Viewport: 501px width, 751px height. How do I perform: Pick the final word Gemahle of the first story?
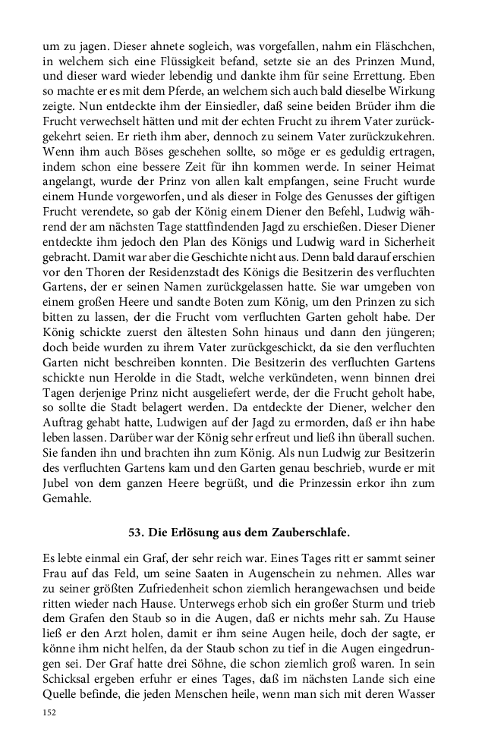coord(67,499)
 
